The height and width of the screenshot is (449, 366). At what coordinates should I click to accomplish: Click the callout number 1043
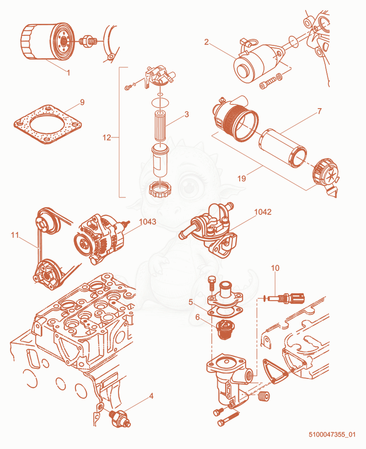[x=147, y=222]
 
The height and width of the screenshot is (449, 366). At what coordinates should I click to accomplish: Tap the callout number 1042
[x=263, y=212]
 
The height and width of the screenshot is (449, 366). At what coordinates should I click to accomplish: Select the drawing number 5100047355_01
[x=332, y=434]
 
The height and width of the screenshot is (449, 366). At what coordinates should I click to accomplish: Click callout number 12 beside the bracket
[x=107, y=138]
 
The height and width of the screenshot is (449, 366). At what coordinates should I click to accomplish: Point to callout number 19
[x=242, y=178]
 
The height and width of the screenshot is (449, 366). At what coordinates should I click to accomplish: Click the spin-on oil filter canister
[x=47, y=42]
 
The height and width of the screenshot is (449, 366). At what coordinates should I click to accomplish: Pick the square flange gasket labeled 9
[x=48, y=125]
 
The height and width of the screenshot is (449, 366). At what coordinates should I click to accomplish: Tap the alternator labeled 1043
[x=100, y=239]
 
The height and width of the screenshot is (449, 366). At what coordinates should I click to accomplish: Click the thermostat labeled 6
[x=225, y=329]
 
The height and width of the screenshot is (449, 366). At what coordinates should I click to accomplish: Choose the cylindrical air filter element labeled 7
[x=283, y=148]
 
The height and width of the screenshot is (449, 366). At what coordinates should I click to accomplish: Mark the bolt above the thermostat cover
[x=211, y=284]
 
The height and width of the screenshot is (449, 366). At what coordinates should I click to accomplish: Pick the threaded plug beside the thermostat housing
[x=264, y=396]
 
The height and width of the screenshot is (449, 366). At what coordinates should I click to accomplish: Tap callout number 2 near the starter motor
[x=206, y=42]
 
